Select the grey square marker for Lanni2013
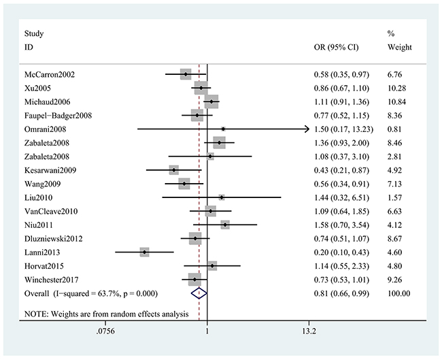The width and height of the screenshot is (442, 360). [144, 252]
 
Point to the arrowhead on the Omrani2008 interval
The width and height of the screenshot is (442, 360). [306, 129]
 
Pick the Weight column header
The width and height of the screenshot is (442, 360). [399, 48]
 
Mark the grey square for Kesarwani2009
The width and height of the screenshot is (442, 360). [174, 170]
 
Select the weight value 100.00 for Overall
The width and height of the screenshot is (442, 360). [398, 293]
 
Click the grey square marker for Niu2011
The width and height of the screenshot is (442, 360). [224, 225]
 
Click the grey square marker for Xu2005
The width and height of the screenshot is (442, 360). [201, 88]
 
